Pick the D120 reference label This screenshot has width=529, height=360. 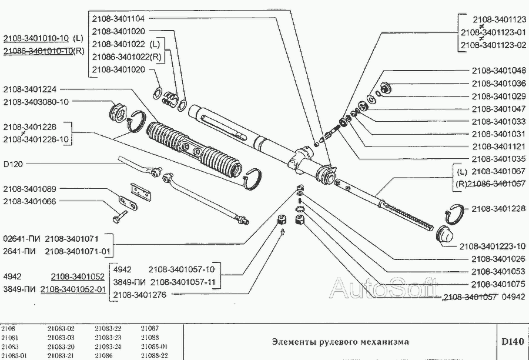13,164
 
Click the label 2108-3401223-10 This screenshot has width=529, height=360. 493,246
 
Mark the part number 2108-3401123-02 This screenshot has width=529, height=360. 493,45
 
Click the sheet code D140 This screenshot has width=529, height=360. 512,342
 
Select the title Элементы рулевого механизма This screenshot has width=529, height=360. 340,342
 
